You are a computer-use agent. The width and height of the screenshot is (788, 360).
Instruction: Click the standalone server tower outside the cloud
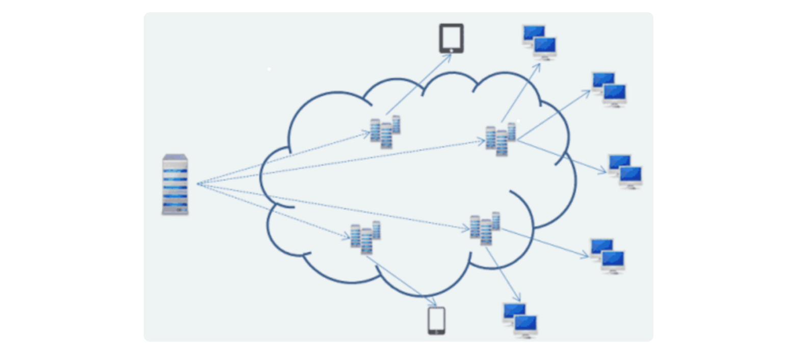(x=175, y=184)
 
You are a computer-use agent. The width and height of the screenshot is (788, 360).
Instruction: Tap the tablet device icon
(x=451, y=38)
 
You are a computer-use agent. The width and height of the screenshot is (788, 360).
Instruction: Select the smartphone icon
(x=436, y=320)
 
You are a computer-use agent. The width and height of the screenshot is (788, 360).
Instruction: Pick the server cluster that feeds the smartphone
(x=365, y=238)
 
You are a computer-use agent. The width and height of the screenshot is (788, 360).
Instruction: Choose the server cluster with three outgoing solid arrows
(x=500, y=139)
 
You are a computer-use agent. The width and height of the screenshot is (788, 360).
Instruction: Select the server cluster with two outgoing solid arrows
(x=485, y=228)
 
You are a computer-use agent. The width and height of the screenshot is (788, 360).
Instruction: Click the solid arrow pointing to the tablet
(x=417, y=84)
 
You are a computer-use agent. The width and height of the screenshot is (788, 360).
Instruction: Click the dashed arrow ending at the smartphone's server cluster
(x=275, y=211)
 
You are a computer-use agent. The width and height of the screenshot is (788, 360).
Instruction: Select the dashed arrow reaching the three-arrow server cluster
(x=342, y=162)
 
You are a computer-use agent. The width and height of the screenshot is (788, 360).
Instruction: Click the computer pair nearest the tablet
(x=539, y=42)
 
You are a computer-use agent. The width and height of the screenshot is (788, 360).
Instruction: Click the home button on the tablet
(x=451, y=50)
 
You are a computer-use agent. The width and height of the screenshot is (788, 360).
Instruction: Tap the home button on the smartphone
(x=436, y=332)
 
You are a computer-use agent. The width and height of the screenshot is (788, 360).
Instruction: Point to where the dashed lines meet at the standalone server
(x=198, y=184)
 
